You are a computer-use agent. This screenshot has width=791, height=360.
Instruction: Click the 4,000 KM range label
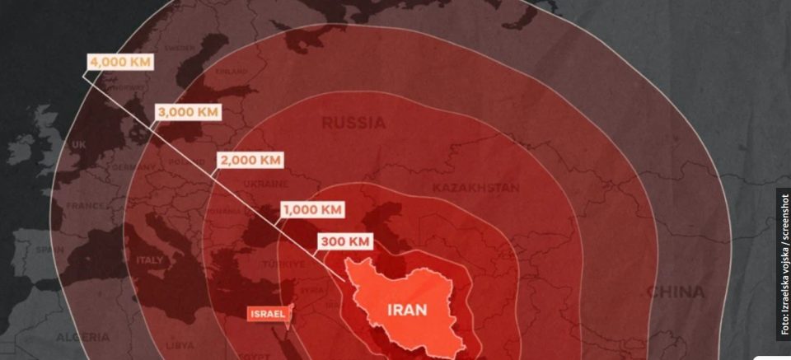tap(120, 62)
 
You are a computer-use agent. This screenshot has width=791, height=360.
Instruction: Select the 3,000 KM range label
tap(188, 111)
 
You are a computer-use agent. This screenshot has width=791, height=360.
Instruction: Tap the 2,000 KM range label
tap(250, 160)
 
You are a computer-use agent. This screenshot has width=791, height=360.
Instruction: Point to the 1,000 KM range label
tap(313, 209)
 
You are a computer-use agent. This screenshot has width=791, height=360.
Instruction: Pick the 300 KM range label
tap(345, 241)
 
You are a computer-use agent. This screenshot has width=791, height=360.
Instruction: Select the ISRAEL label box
tap(267, 314)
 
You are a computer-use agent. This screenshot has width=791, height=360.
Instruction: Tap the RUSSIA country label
tap(353, 124)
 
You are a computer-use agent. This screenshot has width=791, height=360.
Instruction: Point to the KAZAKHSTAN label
tap(475, 188)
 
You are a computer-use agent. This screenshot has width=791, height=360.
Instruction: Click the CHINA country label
tap(675, 292)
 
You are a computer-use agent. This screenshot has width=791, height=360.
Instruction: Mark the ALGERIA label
tap(82, 337)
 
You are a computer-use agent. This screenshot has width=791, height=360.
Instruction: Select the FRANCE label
tap(84, 205)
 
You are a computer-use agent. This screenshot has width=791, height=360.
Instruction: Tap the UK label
tap(79, 145)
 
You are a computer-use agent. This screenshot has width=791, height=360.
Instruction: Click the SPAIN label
tap(49, 249)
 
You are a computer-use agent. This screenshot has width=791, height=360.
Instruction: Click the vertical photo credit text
tap(784, 264)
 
